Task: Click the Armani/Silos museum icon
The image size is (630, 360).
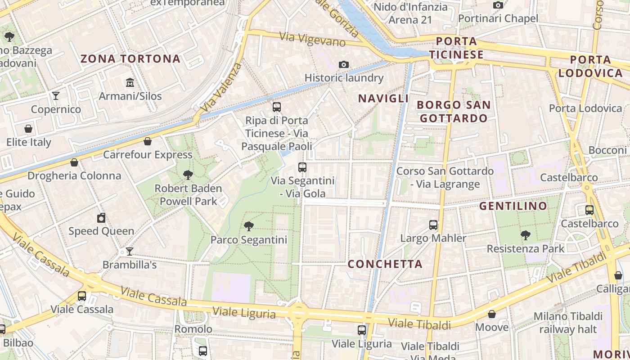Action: pos(130,82)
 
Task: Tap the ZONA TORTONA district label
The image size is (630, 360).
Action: pos(130,58)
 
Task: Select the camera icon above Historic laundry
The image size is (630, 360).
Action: pos(344,65)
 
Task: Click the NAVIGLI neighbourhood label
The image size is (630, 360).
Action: pos(383,99)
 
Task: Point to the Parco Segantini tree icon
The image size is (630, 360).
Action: pos(248,226)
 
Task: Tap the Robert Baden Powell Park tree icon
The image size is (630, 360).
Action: pos(188,175)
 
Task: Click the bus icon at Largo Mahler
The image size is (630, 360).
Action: pos(433,225)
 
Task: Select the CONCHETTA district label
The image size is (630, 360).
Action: pos(385,264)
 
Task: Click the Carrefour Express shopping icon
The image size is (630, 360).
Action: pos(148,141)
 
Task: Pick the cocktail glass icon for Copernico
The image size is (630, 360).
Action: pos(56,95)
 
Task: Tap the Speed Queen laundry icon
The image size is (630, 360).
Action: pos(101,218)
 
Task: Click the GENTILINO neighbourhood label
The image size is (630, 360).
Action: pos(513,206)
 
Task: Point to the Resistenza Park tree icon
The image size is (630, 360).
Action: pos(525,235)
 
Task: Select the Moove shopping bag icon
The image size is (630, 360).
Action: pos(492,314)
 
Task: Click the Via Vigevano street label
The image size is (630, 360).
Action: pos(312,39)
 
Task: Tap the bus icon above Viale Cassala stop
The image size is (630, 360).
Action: pos(82,296)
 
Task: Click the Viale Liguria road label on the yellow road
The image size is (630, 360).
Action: pos(244,312)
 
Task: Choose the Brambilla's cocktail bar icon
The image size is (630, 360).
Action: pos(130,251)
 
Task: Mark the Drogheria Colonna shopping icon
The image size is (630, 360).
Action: pos(74,162)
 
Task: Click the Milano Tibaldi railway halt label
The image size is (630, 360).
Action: pos(568,323)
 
